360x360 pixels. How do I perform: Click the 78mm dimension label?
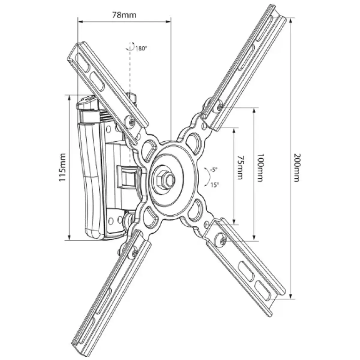[x=124, y=15]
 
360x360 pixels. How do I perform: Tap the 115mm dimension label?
[x=62, y=167]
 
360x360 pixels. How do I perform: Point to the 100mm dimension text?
[x=260, y=168]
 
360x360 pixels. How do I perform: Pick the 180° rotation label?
[x=141, y=48]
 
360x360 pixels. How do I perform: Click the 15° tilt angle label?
[x=214, y=185]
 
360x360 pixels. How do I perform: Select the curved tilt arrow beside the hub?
[x=207, y=177]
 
